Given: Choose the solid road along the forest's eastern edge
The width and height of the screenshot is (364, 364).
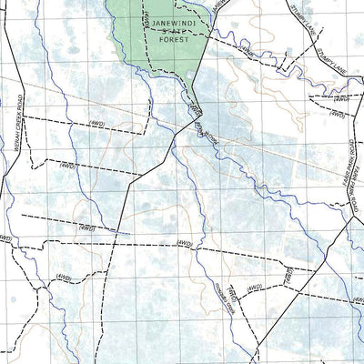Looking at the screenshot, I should tap(202, 60).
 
